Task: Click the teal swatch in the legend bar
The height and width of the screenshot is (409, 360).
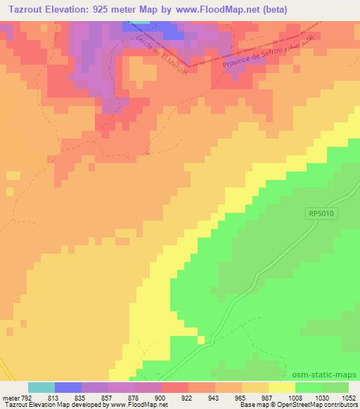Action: click(41, 387)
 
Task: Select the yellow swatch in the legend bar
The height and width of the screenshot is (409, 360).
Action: click(282, 387)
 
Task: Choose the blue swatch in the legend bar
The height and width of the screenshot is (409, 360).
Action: click(68, 387)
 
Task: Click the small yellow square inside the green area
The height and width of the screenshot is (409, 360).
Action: click(202, 340)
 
